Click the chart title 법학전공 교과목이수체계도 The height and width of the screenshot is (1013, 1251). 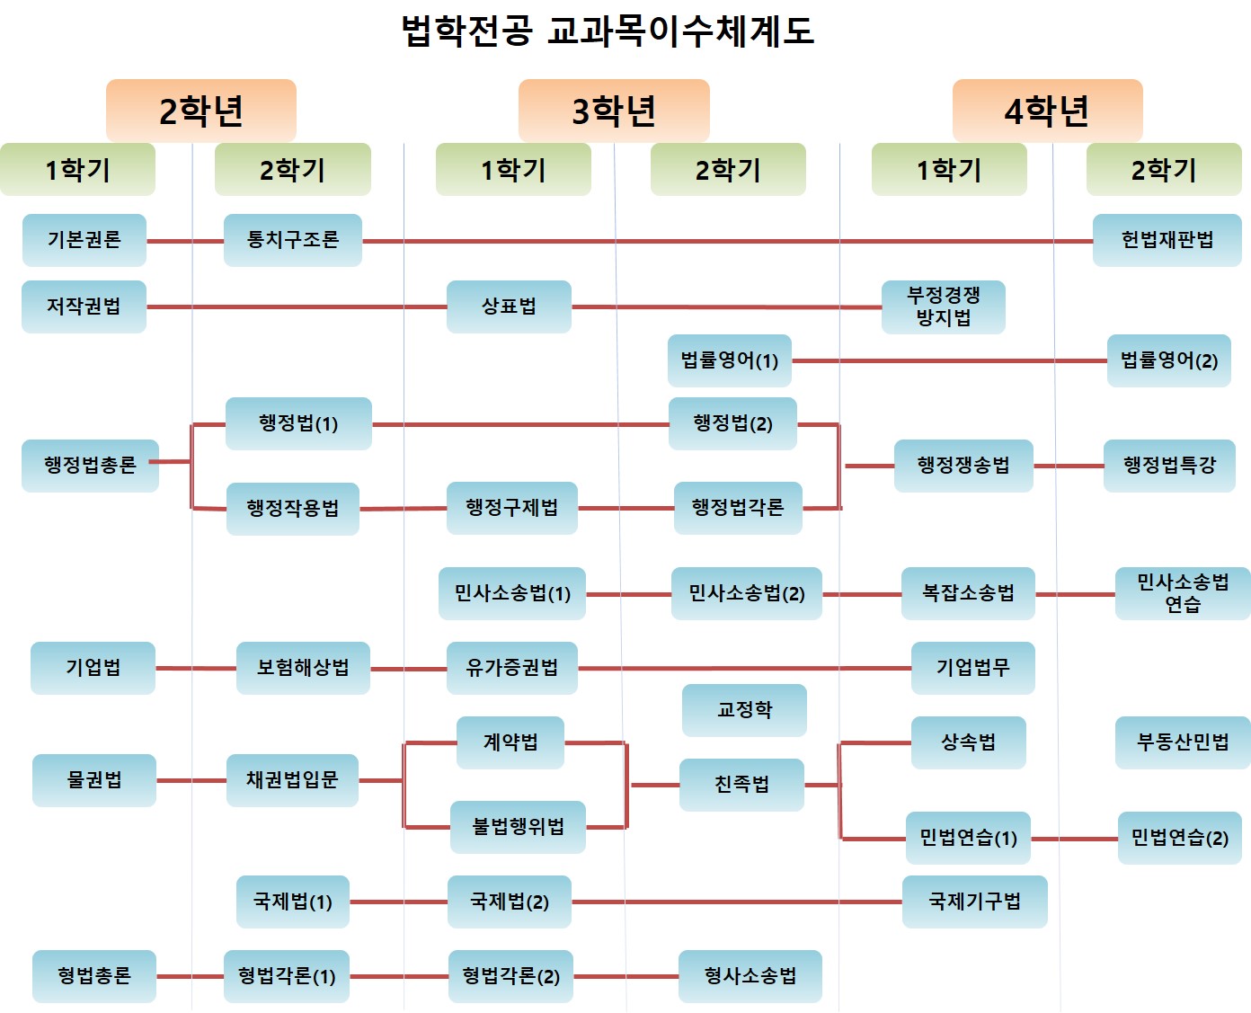tap(608, 31)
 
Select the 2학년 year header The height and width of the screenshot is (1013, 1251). tap(201, 111)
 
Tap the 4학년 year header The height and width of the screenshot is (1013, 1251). tap(1047, 111)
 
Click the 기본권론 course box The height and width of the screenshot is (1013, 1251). tap(84, 240)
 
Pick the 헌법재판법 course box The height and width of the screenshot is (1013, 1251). tap(1167, 240)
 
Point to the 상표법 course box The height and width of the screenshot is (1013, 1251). tap(509, 307)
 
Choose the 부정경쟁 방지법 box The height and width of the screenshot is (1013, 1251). tap(943, 307)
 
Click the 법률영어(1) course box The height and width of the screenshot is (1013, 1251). tap(729, 360)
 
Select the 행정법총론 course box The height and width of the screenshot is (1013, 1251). tap(90, 465)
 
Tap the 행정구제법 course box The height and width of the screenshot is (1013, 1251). tap(511, 508)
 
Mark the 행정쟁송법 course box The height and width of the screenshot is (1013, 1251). tap(963, 465)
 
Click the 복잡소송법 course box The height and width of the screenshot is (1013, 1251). tap(968, 593)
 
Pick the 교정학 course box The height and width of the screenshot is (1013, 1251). tap(744, 710)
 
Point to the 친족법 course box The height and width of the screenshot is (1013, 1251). tap(741, 785)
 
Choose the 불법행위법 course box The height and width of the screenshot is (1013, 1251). tap(518, 827)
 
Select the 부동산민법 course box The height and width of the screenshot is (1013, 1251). tap(1183, 742)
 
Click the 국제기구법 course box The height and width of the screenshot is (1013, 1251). tap(974, 902)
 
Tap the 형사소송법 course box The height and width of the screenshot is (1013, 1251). tap(750, 976)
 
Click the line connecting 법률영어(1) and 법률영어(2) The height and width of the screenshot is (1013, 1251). tap(949, 360)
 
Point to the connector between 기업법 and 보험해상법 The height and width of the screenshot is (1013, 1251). tap(196, 668)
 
